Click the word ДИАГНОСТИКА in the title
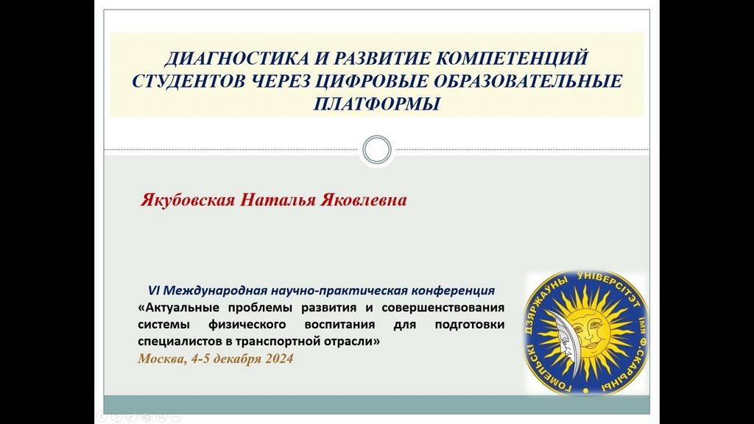click(236, 59)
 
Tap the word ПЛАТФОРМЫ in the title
click(376, 104)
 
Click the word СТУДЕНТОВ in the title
click(189, 81)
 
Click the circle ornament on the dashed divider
click(377, 149)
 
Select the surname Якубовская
click(188, 199)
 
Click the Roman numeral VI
click(153, 290)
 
